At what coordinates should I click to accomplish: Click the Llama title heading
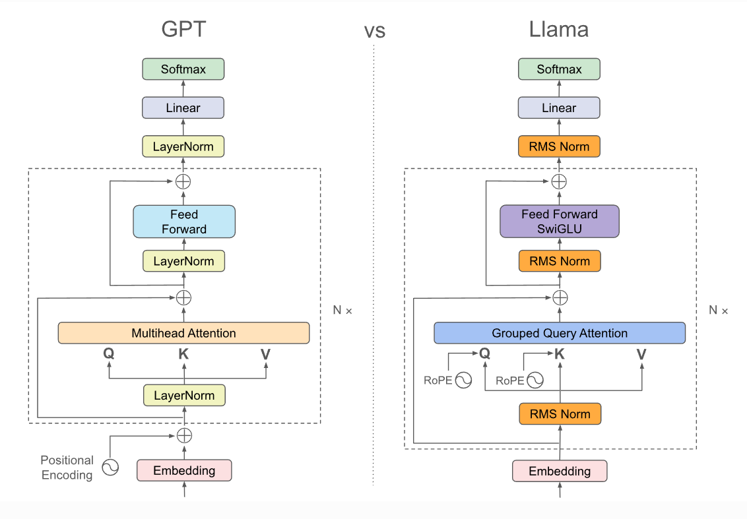[x=558, y=30]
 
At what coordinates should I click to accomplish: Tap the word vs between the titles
[x=374, y=30]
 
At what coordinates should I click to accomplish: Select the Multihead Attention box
[x=183, y=333]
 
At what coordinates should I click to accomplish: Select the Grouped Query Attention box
[x=559, y=333]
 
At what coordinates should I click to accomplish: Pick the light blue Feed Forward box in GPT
[x=183, y=222]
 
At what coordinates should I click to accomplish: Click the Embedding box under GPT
[x=184, y=470]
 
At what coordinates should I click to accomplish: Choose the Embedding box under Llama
[x=560, y=471]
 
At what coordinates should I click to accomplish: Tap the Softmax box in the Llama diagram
[x=559, y=69]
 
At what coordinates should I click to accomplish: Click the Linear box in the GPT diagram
[x=183, y=107]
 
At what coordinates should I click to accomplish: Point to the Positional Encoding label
[x=67, y=468]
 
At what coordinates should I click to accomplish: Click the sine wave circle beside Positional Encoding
[x=110, y=468]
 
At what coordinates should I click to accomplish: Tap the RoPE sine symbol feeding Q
[x=464, y=380]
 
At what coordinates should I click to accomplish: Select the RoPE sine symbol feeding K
[x=535, y=380]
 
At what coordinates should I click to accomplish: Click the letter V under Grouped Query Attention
[x=641, y=354]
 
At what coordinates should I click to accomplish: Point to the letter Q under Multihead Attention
[x=109, y=353]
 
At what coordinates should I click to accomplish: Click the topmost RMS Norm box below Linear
[x=559, y=146]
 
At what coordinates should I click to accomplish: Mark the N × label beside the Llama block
[x=718, y=310]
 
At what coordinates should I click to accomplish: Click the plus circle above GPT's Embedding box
[x=184, y=435]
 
